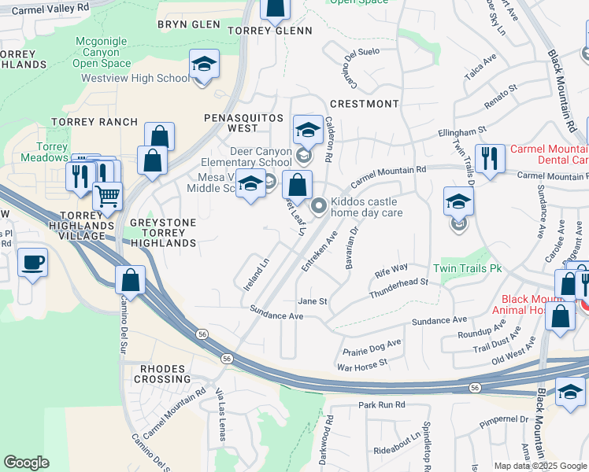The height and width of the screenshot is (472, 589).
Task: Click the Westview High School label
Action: tap(135, 79)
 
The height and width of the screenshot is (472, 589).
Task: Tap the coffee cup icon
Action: tap(32, 263)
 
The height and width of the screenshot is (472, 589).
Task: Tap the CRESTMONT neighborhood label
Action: tap(364, 104)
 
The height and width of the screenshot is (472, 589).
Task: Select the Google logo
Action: tap(26, 463)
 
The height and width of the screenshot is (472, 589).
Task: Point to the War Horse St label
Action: tap(362, 363)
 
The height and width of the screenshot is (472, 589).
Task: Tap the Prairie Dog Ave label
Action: tap(372, 345)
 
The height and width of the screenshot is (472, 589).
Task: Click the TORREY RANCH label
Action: tap(94, 122)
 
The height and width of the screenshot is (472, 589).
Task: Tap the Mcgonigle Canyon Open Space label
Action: tap(102, 52)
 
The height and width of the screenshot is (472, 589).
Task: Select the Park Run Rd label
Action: tap(381, 404)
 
